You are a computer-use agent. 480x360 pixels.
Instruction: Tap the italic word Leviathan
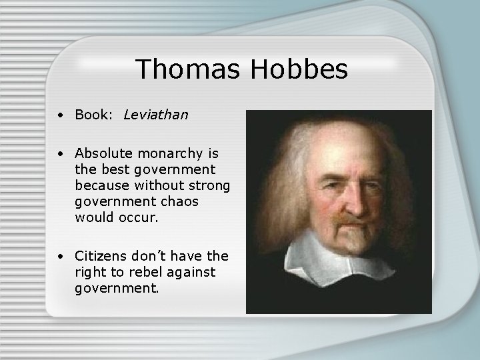(x=156, y=115)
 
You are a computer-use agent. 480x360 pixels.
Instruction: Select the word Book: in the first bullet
(x=95, y=115)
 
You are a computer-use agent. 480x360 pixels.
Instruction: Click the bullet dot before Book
(x=61, y=116)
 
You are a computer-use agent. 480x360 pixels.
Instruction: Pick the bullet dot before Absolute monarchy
(x=61, y=155)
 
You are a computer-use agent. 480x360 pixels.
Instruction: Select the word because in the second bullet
(x=101, y=185)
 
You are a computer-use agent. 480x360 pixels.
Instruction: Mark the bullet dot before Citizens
(x=61, y=256)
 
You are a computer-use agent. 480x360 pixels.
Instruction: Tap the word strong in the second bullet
(x=210, y=185)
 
